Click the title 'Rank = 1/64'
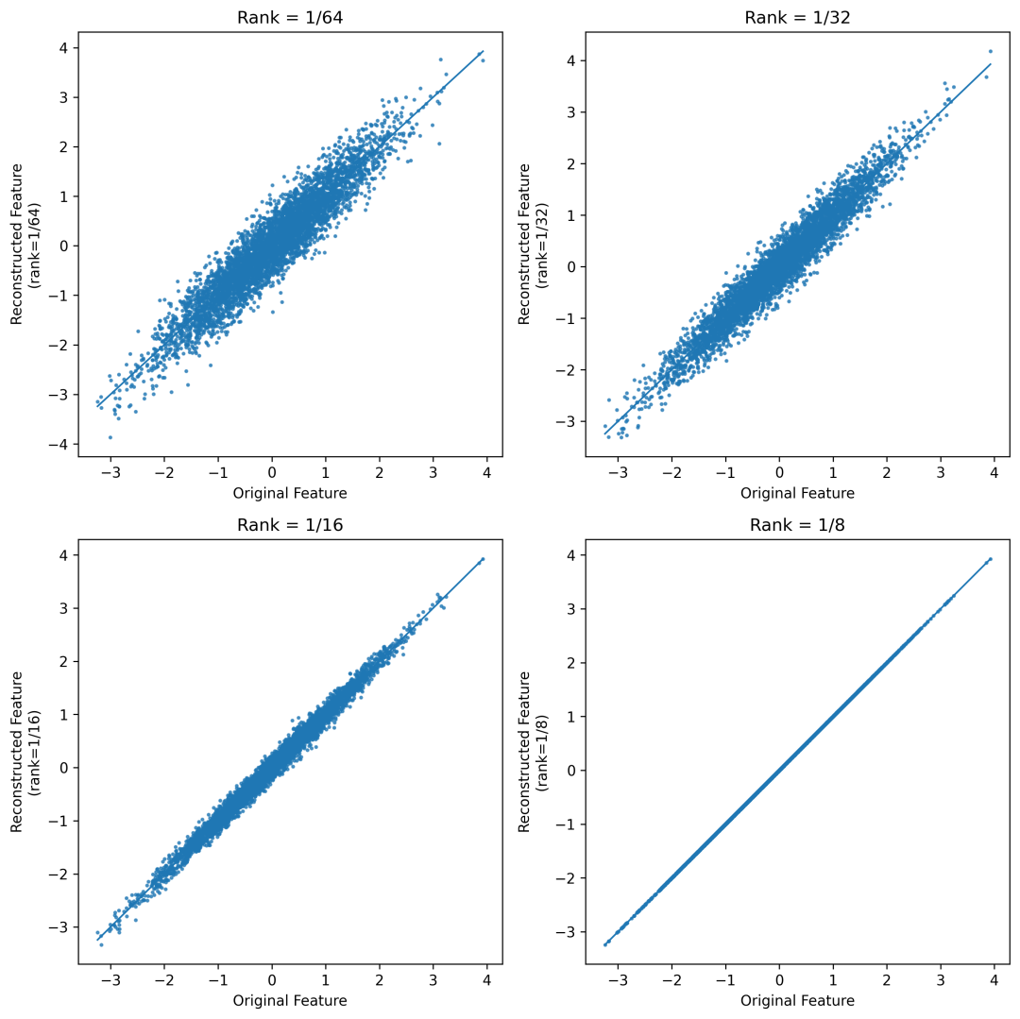click(x=290, y=18)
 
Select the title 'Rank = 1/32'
click(x=797, y=18)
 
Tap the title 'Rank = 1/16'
click(x=290, y=525)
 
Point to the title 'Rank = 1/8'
click(x=797, y=525)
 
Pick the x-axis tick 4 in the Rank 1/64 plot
click(x=486, y=473)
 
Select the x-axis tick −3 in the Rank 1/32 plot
click(x=618, y=473)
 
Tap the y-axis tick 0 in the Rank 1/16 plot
click(x=64, y=768)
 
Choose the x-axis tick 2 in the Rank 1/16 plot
click(x=380, y=980)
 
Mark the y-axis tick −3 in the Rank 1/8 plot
click(x=566, y=932)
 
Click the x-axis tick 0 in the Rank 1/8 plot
click(x=779, y=980)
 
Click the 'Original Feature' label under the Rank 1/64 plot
click(x=290, y=493)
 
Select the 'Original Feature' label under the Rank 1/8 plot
click(x=797, y=1000)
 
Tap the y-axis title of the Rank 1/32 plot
click(x=532, y=245)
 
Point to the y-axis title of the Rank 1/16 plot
click(x=25, y=752)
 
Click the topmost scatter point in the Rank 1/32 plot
click(x=990, y=51)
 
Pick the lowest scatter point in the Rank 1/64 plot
click(x=110, y=437)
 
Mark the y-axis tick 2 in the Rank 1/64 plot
click(x=64, y=146)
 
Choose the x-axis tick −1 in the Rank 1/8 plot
click(x=725, y=980)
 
